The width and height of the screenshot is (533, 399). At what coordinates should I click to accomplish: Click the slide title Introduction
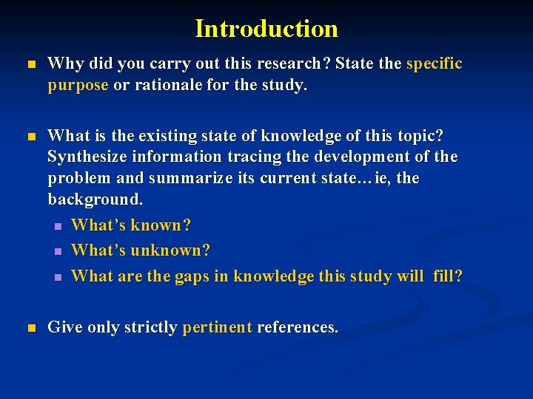(266, 29)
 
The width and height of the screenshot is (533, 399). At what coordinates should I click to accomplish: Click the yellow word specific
(435, 64)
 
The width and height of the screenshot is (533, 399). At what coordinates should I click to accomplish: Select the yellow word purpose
(78, 86)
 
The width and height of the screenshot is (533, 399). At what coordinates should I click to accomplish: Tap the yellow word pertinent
(217, 327)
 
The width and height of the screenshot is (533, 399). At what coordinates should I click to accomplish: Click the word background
(95, 199)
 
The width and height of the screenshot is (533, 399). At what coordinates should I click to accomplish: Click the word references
(297, 327)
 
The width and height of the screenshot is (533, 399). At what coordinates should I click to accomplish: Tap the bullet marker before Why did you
(30, 65)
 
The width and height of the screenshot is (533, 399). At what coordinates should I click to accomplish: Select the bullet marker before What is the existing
(30, 137)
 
